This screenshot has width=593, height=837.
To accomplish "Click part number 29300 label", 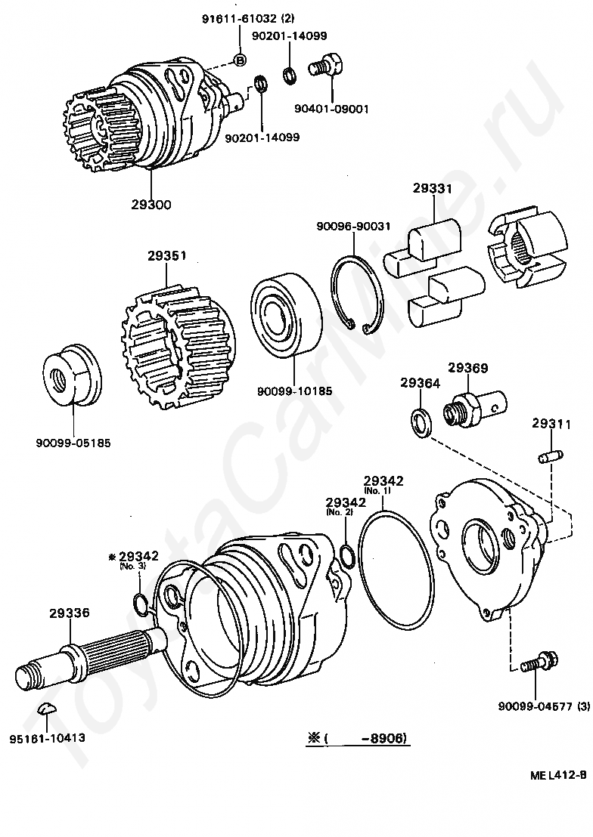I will click(x=150, y=203).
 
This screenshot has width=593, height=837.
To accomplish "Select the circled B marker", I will click(x=240, y=60).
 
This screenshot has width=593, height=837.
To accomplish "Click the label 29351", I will click(x=166, y=255).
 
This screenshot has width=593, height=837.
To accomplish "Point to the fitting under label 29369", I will click(x=473, y=409).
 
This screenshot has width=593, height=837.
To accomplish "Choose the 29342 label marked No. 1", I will click(x=383, y=480).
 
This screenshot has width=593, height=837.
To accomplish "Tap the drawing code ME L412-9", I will click(x=558, y=774).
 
